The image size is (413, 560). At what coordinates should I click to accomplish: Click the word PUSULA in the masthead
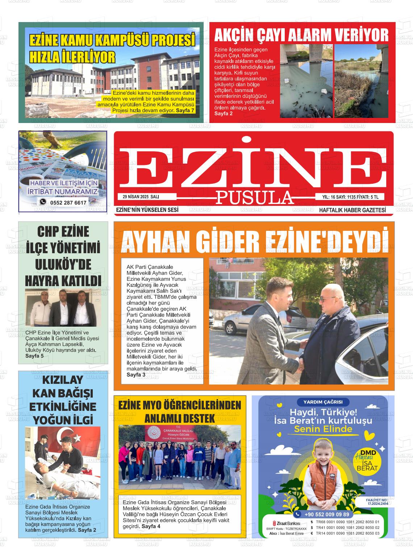pyautogui.click(x=255, y=198)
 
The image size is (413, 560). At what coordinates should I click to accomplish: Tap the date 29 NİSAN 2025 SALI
pyautogui.click(x=141, y=196)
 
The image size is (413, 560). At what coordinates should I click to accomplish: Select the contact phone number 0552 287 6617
pyautogui.click(x=68, y=203)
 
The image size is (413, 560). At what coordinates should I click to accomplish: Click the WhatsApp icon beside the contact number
pyautogui.click(x=43, y=202)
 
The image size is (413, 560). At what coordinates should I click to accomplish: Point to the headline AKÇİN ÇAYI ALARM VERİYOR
pyautogui.click(x=301, y=35)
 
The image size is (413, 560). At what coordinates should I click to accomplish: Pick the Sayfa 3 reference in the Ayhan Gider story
pyautogui.click(x=136, y=374)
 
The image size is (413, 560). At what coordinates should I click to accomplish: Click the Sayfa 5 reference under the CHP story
pyautogui.click(x=34, y=356)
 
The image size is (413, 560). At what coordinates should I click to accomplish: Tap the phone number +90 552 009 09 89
pyautogui.click(x=326, y=514)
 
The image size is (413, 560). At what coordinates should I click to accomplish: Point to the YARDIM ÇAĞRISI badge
pyautogui.click(x=320, y=402)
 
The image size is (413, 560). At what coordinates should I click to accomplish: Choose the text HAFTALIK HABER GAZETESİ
pyautogui.click(x=352, y=210)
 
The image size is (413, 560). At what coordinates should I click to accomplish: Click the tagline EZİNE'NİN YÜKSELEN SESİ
pyautogui.click(x=147, y=210)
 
